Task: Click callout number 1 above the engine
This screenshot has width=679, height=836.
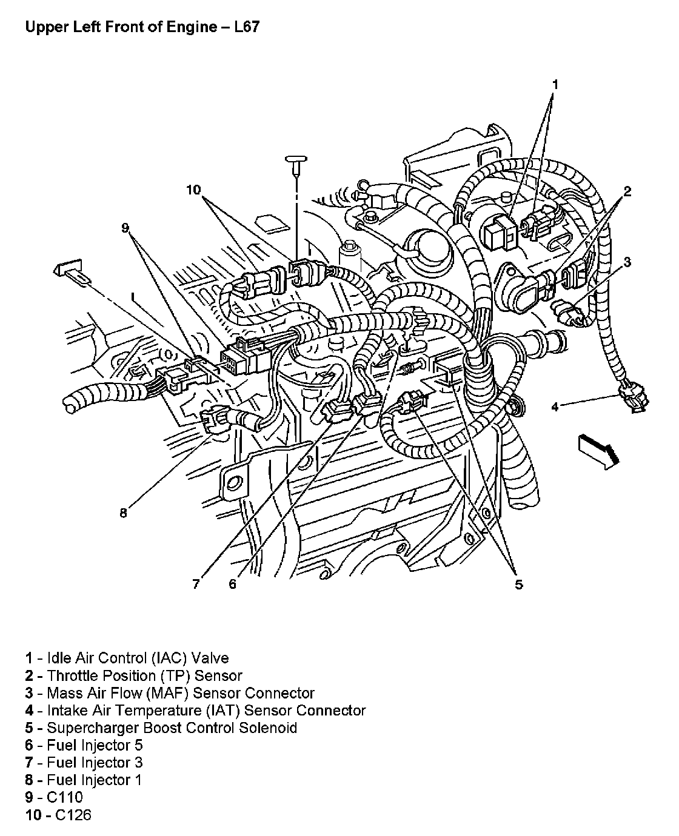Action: coord(555,84)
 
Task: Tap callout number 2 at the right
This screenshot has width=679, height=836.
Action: coord(627,192)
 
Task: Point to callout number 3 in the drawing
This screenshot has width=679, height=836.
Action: coord(627,262)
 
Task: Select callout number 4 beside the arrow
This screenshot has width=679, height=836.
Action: coord(555,406)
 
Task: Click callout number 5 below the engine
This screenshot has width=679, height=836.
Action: coord(518,585)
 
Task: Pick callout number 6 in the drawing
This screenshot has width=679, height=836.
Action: coord(232,585)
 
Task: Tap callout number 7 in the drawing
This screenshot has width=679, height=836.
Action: coord(196,585)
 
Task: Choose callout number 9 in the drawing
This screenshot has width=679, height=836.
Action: coord(125,228)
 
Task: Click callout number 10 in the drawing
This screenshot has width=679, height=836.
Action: coord(193,190)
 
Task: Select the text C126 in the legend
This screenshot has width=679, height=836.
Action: coord(73,815)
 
